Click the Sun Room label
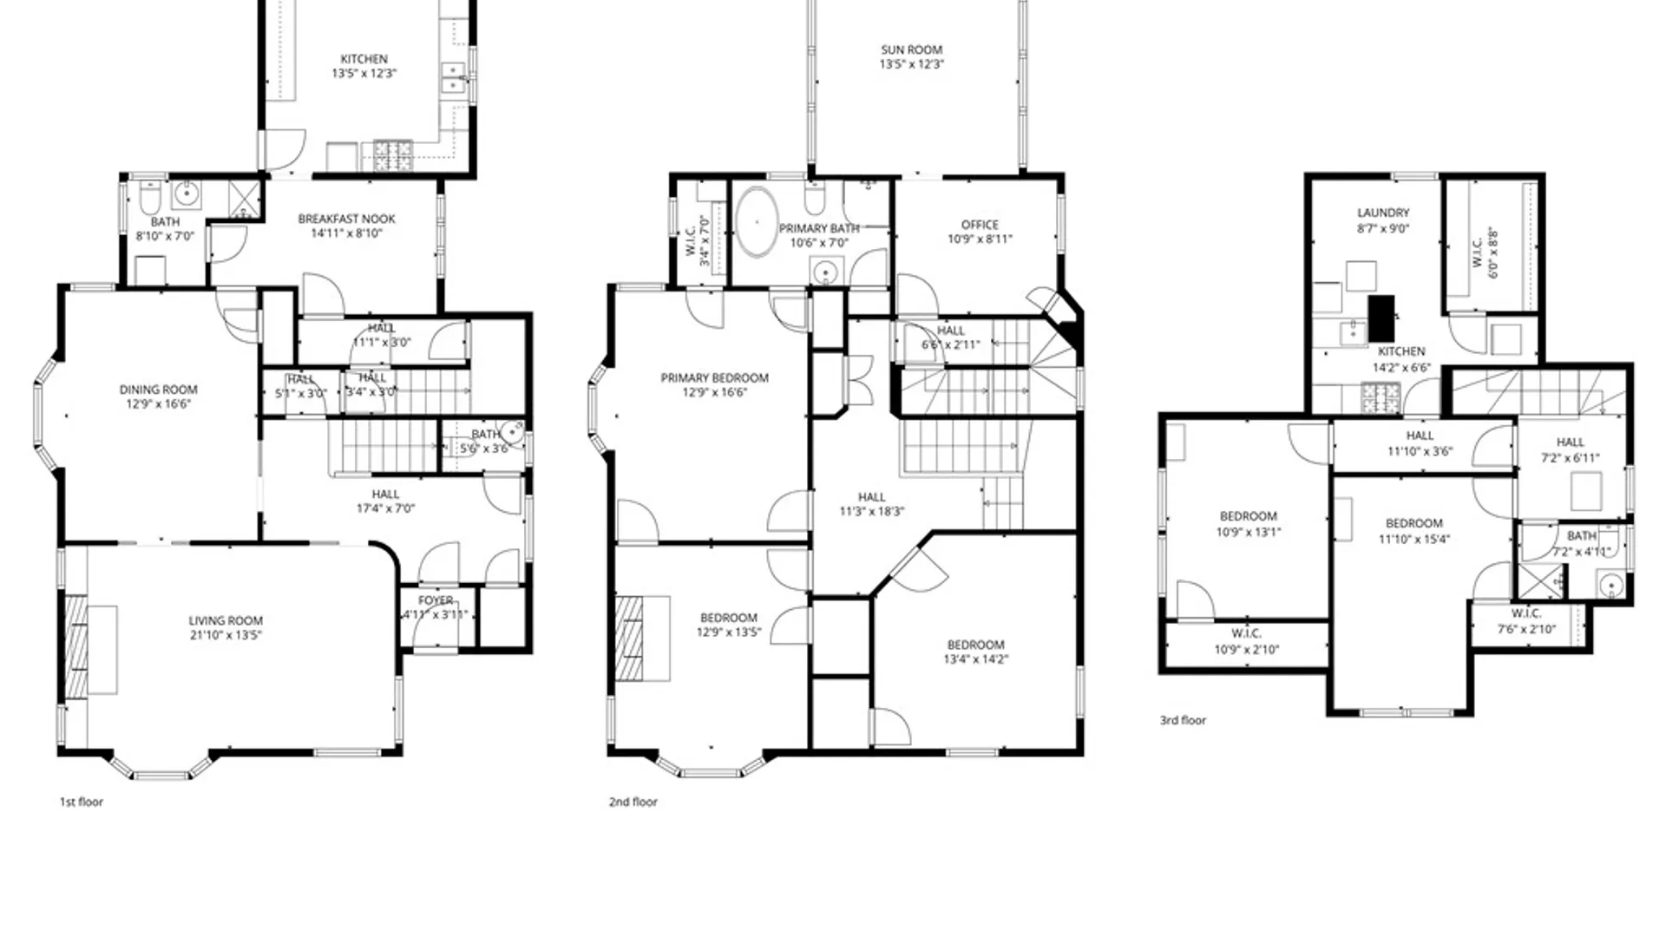(911, 50)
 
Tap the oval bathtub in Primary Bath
(757, 222)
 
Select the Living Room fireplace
(77, 647)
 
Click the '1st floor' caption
(81, 802)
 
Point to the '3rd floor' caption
(1183, 720)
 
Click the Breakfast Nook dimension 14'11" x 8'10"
(346, 233)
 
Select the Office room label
(980, 225)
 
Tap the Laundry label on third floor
(1383, 213)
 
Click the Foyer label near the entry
(436, 600)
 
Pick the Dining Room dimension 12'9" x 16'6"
(158, 404)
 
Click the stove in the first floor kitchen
(392, 156)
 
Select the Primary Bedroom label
(714, 378)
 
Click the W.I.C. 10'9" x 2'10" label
(1246, 634)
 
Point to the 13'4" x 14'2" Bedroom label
(975, 645)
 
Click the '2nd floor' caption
(633, 802)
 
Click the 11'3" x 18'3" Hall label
(871, 497)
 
